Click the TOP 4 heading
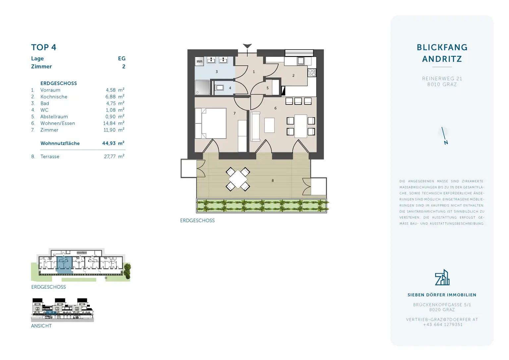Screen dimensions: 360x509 [x=44, y=47]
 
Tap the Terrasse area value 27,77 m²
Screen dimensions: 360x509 [x=114, y=156]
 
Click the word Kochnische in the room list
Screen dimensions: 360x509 [x=54, y=97]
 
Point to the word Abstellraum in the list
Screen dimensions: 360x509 [x=54, y=117]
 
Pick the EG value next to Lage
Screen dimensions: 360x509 [x=122, y=58]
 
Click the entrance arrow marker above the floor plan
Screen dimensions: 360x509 [x=247, y=46]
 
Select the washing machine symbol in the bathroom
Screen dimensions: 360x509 [x=199, y=61]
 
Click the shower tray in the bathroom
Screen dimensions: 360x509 [x=202, y=88]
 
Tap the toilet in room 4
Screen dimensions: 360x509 [x=220, y=88]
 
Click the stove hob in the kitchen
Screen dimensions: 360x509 [x=312, y=73]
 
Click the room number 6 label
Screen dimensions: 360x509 [x=275, y=108]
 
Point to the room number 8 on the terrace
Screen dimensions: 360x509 [x=273, y=181]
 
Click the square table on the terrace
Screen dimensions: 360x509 [x=238, y=179]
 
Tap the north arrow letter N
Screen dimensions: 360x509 [x=446, y=143]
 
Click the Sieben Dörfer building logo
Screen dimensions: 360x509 [x=442, y=277]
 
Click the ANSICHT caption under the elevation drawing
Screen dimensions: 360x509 [x=41, y=326]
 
